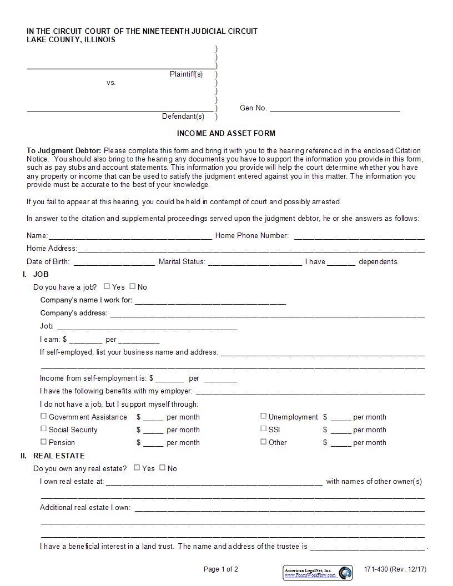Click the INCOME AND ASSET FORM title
click(226, 133)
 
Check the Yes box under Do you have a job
click(107, 286)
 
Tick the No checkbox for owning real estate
click(162, 468)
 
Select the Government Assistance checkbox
click(43, 416)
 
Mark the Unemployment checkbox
click(264, 416)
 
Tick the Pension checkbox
click(43, 442)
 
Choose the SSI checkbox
click(264, 428)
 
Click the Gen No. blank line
click(335, 109)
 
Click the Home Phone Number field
click(359, 236)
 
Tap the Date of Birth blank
click(114, 262)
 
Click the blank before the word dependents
click(341, 262)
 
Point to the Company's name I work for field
click(210, 301)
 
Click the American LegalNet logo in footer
click(318, 573)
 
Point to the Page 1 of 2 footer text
click(221, 569)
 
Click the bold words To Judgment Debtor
click(64, 150)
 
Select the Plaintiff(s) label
click(186, 74)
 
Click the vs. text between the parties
click(111, 83)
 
